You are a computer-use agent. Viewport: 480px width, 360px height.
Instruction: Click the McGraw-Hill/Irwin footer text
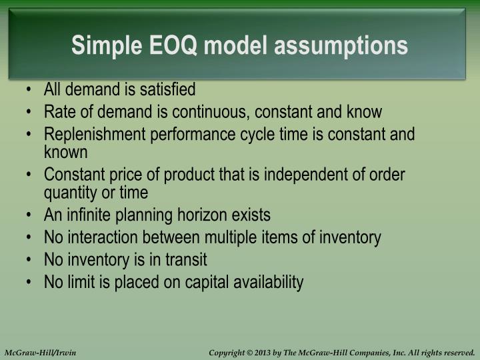click(x=40, y=352)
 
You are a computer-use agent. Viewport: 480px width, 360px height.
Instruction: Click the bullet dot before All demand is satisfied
click(x=31, y=90)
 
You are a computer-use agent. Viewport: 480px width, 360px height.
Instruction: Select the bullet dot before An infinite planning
click(x=31, y=215)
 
